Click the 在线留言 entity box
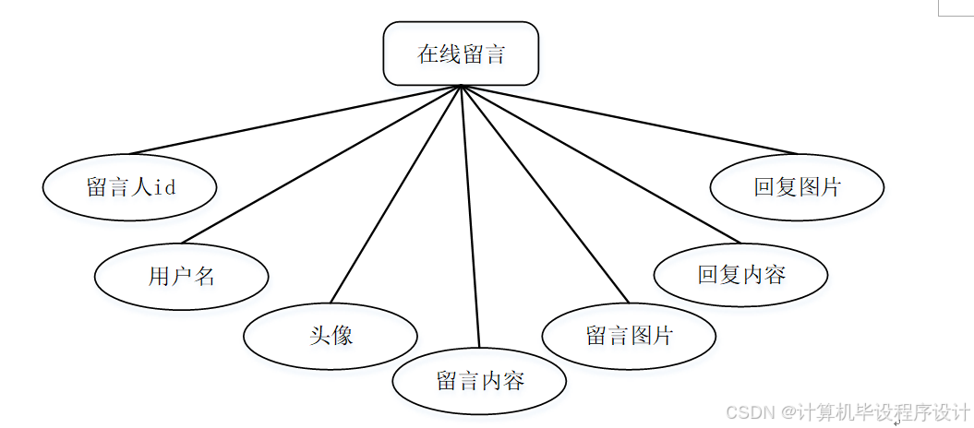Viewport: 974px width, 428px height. tap(461, 53)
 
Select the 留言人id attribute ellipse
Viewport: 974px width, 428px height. tap(129, 187)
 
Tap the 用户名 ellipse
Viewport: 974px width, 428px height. tap(182, 276)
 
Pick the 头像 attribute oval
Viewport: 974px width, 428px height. tap(331, 336)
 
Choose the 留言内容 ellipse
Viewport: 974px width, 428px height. tap(479, 380)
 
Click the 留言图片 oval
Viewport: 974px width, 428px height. tap(629, 335)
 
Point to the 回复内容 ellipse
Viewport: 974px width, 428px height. tap(740, 274)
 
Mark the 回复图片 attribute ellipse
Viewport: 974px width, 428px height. tap(797, 186)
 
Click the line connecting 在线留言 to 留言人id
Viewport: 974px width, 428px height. tap(295, 120)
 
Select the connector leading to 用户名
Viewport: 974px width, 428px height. tap(320, 164)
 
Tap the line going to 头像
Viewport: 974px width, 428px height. tap(395, 194)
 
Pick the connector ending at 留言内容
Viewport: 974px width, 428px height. tap(470, 218)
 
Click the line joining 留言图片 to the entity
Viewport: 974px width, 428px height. tap(545, 194)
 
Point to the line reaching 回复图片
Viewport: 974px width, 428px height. tap(628, 120)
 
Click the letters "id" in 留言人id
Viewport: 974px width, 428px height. tap(164, 187)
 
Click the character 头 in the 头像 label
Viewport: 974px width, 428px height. tap(319, 336)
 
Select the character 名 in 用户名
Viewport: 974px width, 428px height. tap(204, 276)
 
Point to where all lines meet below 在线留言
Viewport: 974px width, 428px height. tap(461, 87)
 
